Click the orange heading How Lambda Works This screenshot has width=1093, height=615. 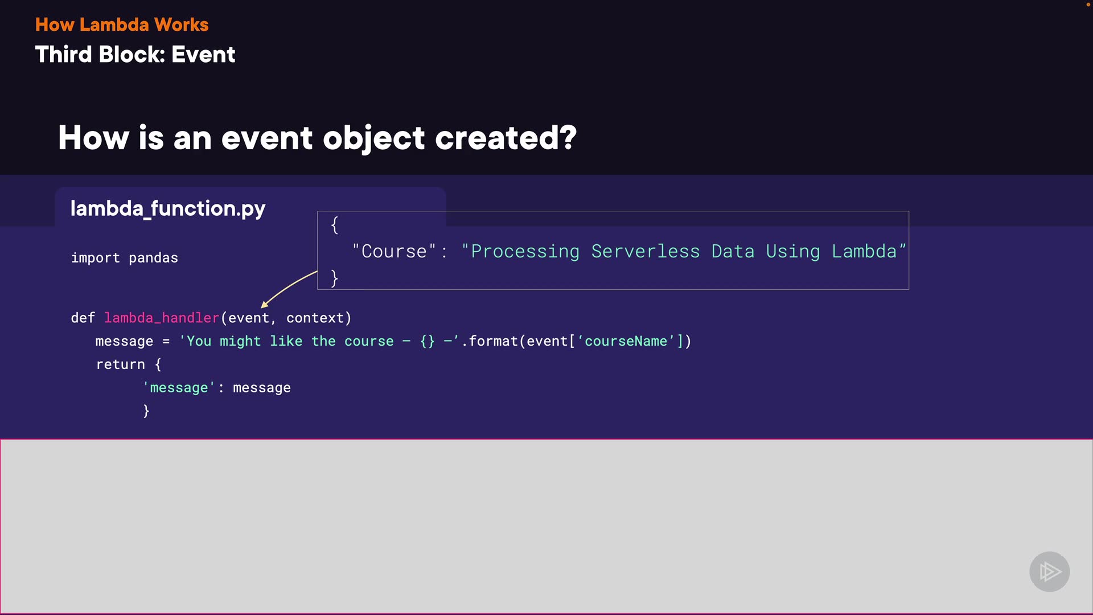(x=122, y=24)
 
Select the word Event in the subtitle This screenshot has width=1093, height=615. (x=203, y=55)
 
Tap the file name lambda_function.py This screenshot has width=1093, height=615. (x=167, y=208)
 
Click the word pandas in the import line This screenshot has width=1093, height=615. (x=153, y=258)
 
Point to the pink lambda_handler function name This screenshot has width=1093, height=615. (x=162, y=318)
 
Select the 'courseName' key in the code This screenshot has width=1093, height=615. (x=626, y=341)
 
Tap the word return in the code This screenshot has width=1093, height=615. (x=121, y=364)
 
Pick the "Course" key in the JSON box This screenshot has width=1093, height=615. (x=394, y=251)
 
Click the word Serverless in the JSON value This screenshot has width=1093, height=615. (x=645, y=251)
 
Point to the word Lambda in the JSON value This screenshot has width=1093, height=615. (x=864, y=251)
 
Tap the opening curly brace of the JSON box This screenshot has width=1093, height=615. (x=335, y=225)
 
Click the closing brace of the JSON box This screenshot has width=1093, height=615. (x=335, y=278)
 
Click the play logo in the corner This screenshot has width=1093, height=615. (x=1049, y=571)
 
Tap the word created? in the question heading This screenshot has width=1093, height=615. (x=506, y=138)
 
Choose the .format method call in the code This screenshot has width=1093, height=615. (x=493, y=341)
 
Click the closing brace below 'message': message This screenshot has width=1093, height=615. (x=146, y=411)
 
